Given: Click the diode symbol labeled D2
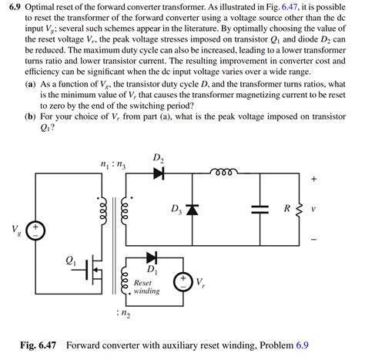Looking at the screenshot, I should (x=159, y=173).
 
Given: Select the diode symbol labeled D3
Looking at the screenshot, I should (x=192, y=209).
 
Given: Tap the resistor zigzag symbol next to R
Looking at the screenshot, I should (x=299, y=209).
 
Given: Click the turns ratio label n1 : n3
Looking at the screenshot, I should (x=113, y=164).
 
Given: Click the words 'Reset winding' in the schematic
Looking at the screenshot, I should (x=146, y=287).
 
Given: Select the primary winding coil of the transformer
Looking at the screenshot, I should (x=99, y=210).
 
